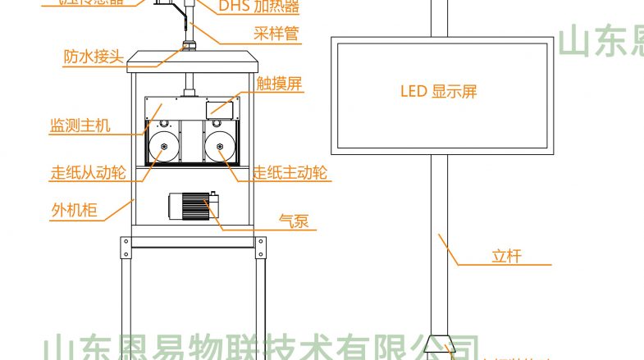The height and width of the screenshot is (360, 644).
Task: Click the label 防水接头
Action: coord(93,57)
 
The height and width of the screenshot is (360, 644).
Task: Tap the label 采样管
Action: coord(274,34)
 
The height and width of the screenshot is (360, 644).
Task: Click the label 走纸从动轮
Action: coord(88,174)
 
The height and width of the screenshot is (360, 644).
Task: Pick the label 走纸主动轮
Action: coord(290,173)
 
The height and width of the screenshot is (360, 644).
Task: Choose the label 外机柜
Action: coord(74,211)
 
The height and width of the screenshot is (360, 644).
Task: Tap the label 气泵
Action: coord(294,220)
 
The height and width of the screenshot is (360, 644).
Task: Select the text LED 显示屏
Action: coord(438,92)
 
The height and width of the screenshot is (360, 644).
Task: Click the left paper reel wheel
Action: coord(163,148)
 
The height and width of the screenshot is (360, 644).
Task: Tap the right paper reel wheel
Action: coord(221,148)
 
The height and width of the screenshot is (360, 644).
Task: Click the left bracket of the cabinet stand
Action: coord(126,246)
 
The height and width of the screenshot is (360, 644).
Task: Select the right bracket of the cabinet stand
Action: coord(261,246)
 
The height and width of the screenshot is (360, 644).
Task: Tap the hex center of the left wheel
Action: coord(163,148)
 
